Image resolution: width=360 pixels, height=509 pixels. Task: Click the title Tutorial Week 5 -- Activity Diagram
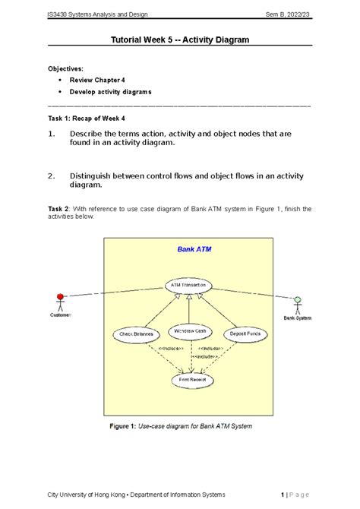[180, 40]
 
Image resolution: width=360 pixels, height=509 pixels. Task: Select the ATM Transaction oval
[189, 286]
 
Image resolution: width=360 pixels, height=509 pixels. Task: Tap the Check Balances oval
[136, 334]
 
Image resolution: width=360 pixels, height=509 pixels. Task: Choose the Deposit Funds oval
[245, 334]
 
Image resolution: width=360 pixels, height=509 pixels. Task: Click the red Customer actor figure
[59, 302]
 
